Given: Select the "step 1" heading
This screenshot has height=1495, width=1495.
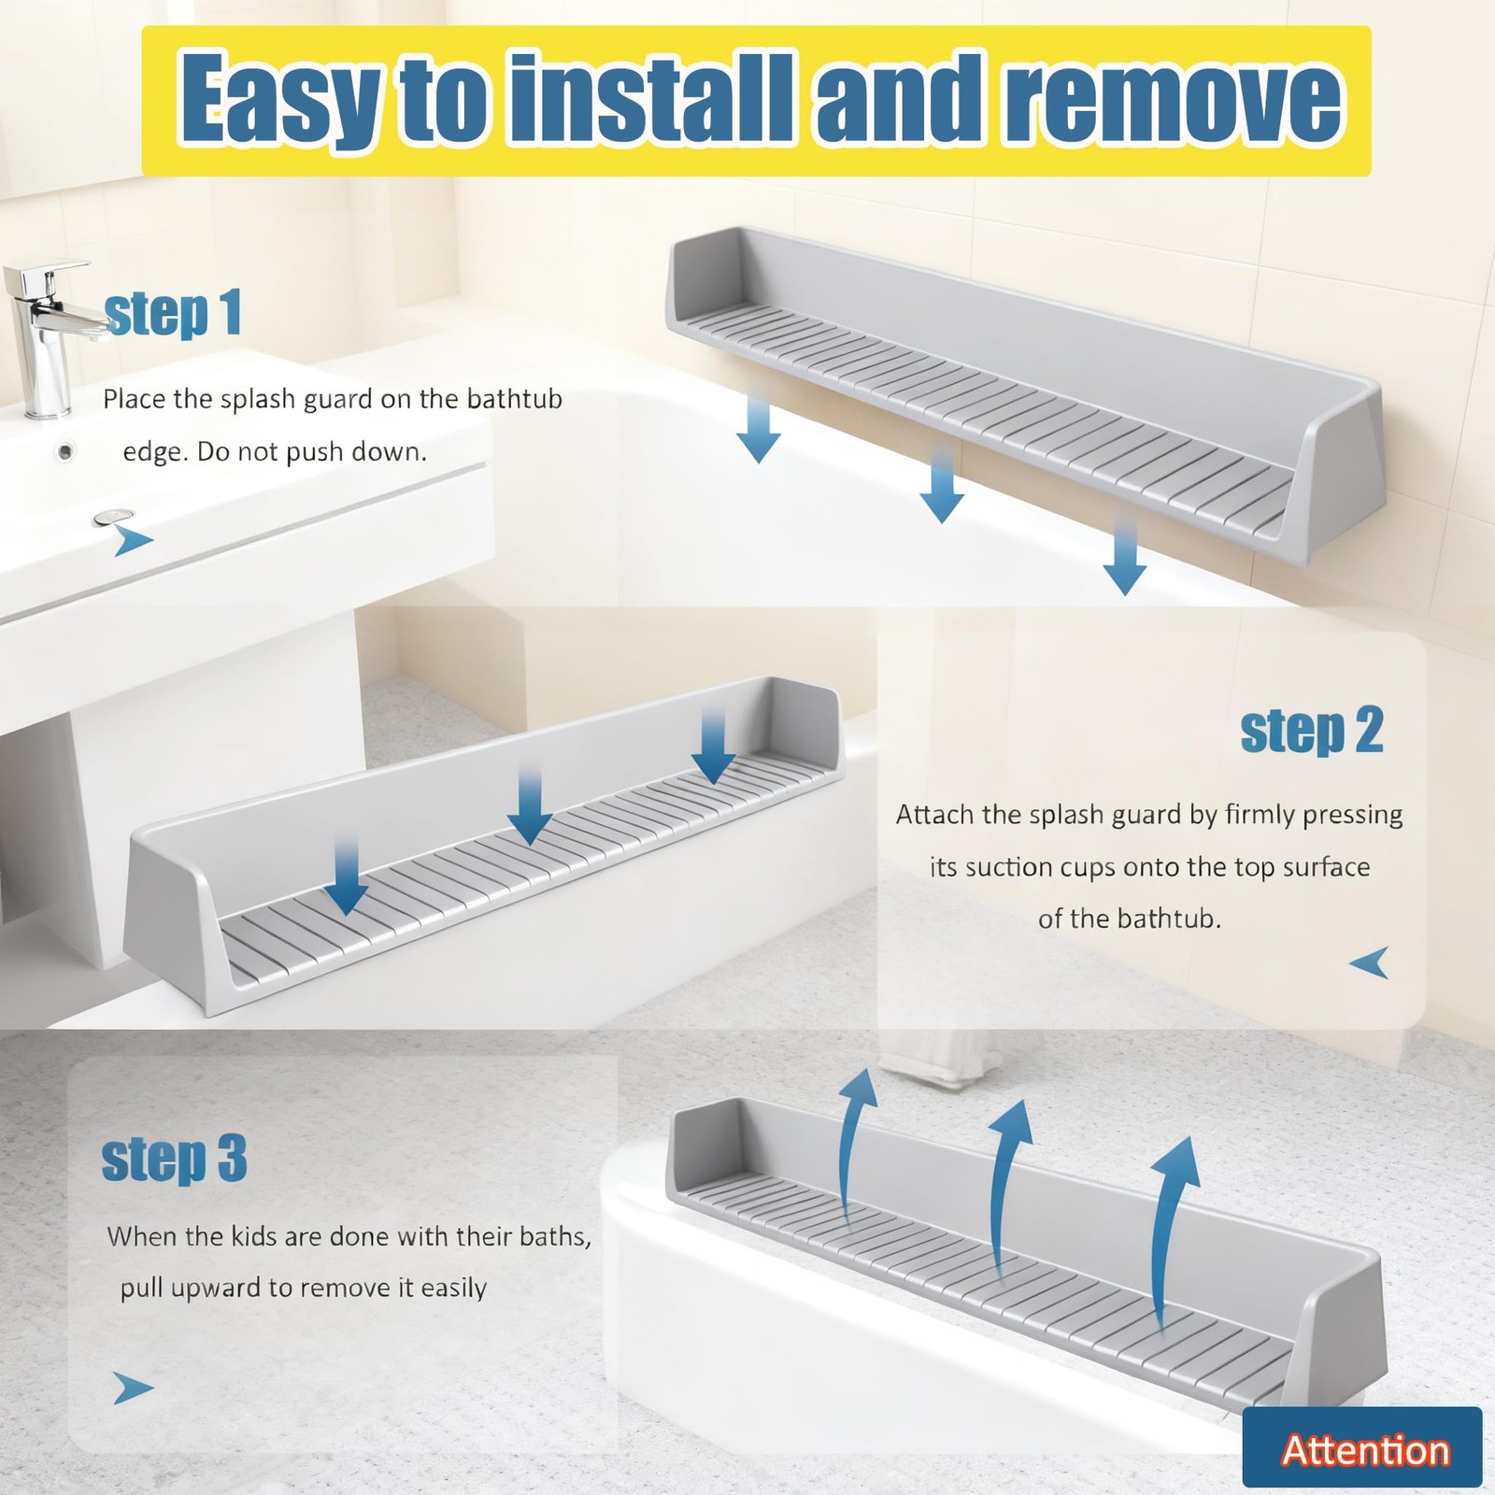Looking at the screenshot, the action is click(173, 314).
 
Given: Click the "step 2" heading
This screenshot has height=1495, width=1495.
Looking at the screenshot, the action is click(1311, 731).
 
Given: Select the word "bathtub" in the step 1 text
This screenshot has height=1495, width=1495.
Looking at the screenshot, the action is click(515, 399).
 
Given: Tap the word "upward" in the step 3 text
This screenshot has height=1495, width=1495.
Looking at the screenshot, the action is click(218, 1289).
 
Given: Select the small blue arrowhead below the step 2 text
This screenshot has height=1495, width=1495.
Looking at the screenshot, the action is click(1371, 963).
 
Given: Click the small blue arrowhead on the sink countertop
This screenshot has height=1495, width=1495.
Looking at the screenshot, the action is click(134, 540).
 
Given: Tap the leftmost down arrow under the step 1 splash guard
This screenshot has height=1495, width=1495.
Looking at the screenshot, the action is click(758, 429).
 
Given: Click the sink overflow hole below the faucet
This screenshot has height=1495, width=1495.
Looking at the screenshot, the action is click(65, 452).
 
